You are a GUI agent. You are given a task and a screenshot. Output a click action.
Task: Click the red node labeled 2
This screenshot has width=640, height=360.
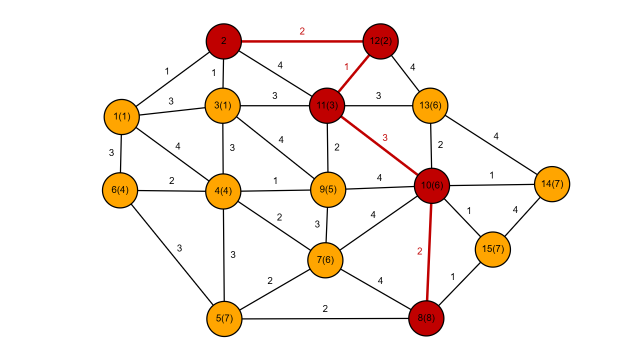click(223, 41)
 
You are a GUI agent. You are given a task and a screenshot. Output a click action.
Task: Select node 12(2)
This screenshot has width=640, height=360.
click(381, 41)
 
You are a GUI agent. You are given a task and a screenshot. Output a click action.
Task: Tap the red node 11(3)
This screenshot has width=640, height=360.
click(327, 105)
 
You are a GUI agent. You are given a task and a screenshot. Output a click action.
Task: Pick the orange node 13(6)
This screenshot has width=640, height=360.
click(430, 105)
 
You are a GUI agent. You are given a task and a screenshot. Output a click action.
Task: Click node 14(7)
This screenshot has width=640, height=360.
click(552, 184)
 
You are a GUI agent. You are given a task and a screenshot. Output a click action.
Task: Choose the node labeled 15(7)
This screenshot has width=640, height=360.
click(492, 249)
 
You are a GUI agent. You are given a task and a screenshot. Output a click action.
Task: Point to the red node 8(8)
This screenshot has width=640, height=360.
click(426, 318)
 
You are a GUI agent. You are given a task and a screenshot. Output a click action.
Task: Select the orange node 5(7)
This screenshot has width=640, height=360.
click(224, 318)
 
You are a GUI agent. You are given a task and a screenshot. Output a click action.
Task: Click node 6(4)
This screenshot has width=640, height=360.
click(120, 190)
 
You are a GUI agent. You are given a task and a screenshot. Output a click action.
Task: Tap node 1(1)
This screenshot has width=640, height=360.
click(121, 116)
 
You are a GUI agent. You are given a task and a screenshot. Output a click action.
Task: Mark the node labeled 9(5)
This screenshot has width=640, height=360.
click(328, 189)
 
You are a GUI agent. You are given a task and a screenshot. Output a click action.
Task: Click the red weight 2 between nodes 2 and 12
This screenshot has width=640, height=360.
click(302, 31)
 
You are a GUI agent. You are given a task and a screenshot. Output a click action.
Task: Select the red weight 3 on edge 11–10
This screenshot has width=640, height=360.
click(385, 137)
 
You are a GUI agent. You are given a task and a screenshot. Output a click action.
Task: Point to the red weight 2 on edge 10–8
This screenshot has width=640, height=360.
click(419, 251)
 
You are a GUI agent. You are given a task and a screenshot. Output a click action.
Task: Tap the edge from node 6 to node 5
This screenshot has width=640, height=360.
click(172, 254)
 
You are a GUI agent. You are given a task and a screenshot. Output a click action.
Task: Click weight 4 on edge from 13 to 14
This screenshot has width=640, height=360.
click(496, 136)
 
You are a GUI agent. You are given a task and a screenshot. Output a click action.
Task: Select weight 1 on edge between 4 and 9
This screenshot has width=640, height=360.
click(275, 181)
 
